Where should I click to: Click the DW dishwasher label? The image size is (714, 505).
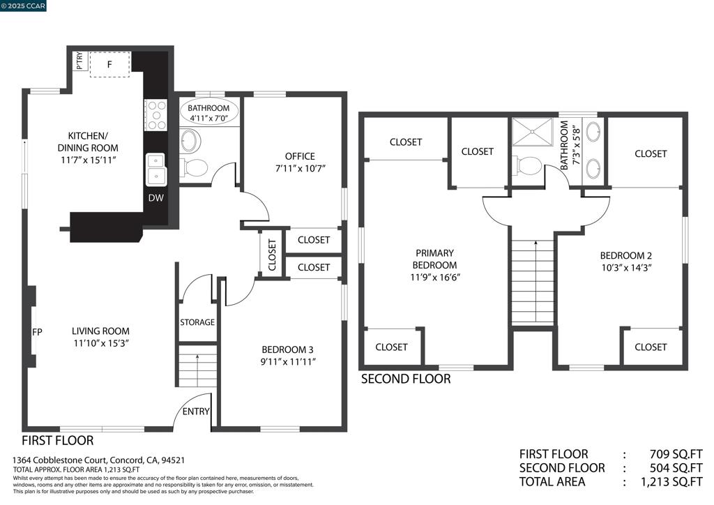pos(155,197)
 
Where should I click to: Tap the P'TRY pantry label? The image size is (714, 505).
pos(79,61)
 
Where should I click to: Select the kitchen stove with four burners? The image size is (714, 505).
pos(156,115)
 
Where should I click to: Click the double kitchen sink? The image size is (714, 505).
pos(156,169)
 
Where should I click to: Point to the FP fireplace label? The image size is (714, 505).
pos(38,333)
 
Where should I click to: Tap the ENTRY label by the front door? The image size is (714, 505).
pos(196,412)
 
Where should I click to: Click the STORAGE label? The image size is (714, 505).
pos(197,322)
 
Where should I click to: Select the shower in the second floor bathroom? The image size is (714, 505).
pos(532,132)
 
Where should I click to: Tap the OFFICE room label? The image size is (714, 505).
pos(300,156)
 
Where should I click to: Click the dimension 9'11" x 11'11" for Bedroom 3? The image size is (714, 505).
pos(289,362)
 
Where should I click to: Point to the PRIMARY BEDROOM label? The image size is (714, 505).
pos(434,259)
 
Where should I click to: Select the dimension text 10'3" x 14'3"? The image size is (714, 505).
pos(627,268)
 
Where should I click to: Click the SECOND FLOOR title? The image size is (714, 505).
pos(406,379)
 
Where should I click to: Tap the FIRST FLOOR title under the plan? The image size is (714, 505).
pos(58,440)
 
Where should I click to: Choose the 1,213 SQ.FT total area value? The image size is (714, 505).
pos(671,482)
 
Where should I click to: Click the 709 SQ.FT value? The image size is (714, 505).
pos(676,454)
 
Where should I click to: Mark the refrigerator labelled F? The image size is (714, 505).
pos(109,64)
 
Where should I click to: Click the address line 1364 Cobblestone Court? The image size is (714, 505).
pos(98,460)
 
